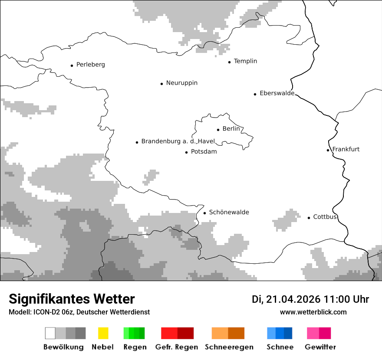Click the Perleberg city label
[90, 65]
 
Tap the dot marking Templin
[230, 62]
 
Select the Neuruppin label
[181, 83]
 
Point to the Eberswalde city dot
[255, 94]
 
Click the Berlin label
[231, 129]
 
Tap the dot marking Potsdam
[187, 152]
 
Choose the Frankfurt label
[346, 149]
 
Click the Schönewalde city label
[229, 212]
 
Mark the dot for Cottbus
[309, 218]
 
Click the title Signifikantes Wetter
[72, 299]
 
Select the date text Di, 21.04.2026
[286, 299]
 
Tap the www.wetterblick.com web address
[313, 312]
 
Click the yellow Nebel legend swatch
[103, 333]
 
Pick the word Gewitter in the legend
[320, 347]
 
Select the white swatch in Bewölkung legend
[50, 333]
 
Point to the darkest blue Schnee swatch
[288, 333]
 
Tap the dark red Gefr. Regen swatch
[185, 333]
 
